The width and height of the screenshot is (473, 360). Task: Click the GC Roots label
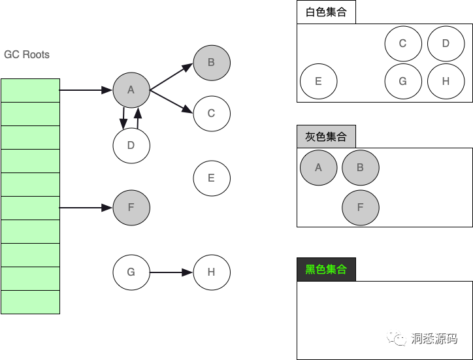click(x=27, y=54)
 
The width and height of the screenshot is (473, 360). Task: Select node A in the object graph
click(x=131, y=90)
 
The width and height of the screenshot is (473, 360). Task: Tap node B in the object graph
click(x=212, y=63)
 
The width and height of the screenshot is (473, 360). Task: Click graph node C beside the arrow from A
click(x=212, y=114)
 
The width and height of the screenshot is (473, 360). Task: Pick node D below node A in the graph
click(x=131, y=145)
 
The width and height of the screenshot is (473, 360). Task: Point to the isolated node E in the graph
click(x=212, y=178)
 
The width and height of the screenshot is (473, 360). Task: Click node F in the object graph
click(x=131, y=208)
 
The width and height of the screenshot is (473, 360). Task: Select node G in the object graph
click(x=131, y=272)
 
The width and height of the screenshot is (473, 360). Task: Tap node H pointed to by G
click(x=212, y=272)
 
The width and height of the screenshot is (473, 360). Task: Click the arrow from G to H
click(x=171, y=272)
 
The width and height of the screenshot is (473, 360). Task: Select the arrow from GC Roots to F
click(x=86, y=208)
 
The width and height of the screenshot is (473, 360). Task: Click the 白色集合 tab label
click(x=326, y=12)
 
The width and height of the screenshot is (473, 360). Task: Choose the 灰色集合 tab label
click(x=326, y=137)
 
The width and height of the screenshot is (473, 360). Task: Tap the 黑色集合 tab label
click(x=326, y=269)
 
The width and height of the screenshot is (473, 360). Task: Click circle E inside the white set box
click(x=318, y=82)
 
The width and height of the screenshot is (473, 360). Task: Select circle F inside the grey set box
click(x=361, y=208)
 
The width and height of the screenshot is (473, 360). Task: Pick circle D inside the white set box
click(x=446, y=44)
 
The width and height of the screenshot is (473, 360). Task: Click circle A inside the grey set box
click(x=318, y=167)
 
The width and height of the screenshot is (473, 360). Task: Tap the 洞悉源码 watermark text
click(x=433, y=338)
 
